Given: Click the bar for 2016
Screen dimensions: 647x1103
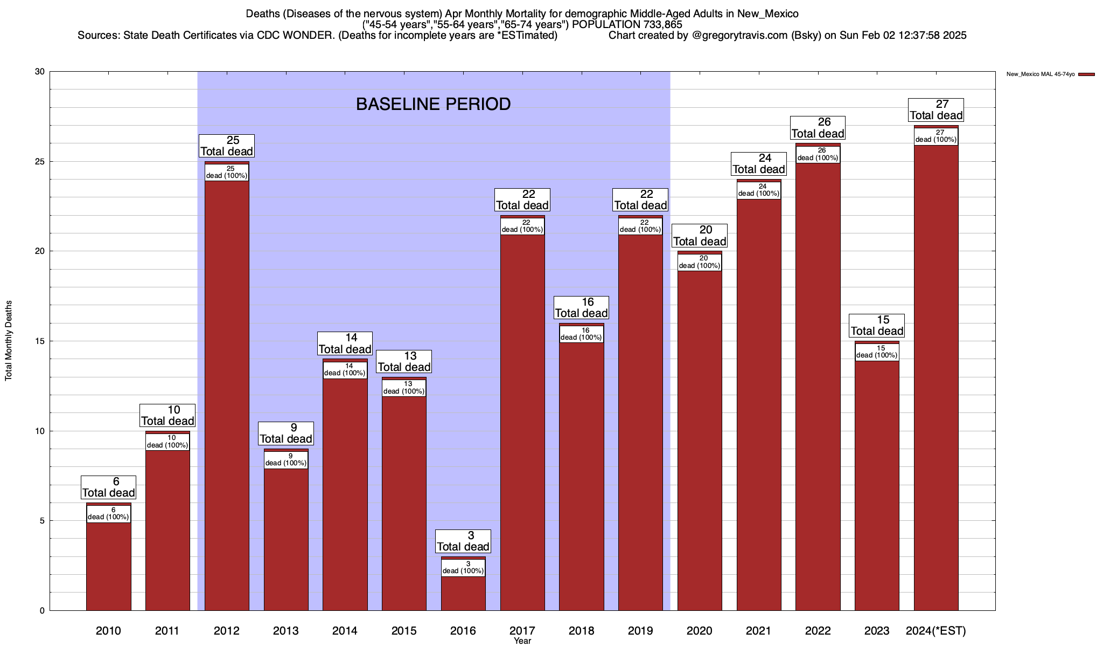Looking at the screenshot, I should (463, 593).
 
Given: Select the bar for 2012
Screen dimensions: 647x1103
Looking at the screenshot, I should (227, 394).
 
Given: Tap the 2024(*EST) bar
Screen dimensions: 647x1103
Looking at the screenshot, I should (936, 377).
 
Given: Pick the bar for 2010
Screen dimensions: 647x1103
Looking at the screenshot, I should (109, 566).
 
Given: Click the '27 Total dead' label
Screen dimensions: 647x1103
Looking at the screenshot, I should (936, 110).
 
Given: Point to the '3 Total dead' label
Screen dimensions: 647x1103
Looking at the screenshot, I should (463, 541).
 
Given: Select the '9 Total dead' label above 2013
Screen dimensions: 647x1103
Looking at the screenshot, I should (286, 433).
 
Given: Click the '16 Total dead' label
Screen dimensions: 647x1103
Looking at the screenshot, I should (581, 308).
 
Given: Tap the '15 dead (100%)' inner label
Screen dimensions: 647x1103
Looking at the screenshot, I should (877, 352).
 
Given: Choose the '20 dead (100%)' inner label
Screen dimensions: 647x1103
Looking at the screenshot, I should (700, 262).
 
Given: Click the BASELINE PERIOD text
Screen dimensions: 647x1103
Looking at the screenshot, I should (433, 104).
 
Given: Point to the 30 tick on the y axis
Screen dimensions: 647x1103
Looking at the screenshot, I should (39, 72).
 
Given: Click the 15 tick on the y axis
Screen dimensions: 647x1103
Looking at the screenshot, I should (39, 341).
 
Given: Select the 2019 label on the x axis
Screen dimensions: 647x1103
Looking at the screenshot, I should (640, 631).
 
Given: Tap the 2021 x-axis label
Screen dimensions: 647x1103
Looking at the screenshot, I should (758, 631).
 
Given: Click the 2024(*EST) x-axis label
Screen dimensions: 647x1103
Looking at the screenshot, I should (936, 631).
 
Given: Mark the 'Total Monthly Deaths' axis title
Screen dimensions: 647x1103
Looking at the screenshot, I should (9, 341).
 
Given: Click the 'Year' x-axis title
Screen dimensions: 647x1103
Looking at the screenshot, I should (522, 641).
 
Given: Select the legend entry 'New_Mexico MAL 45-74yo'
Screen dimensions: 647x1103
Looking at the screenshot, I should (1041, 74).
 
